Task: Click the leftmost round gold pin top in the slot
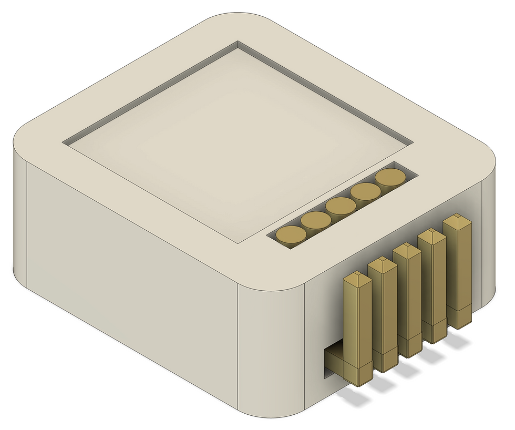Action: point(291,234)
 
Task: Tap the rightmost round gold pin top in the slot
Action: point(390,177)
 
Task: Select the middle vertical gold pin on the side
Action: point(407,300)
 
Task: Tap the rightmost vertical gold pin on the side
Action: point(458,271)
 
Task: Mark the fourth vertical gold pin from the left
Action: point(432,285)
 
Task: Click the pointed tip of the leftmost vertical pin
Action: point(357,275)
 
